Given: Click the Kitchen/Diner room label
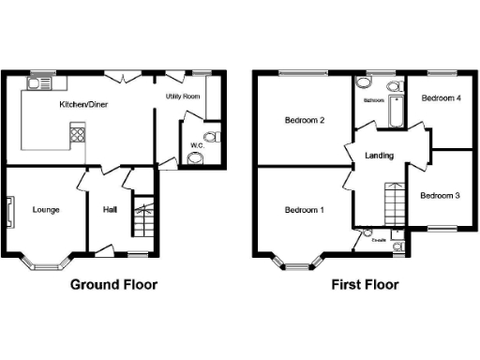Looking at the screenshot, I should (83, 105).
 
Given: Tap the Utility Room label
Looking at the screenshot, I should (185, 97).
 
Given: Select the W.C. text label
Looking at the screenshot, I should (197, 145).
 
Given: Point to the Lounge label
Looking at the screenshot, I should (45, 209).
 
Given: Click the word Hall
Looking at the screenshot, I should (110, 209).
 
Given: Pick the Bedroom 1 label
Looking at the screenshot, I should (305, 209).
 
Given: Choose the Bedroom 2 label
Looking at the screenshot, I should (305, 120).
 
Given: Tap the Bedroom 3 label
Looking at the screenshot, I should (440, 196).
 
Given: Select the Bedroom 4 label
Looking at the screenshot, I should (441, 97).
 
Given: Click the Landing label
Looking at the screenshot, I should (380, 156).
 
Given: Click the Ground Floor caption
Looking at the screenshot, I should (113, 284).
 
